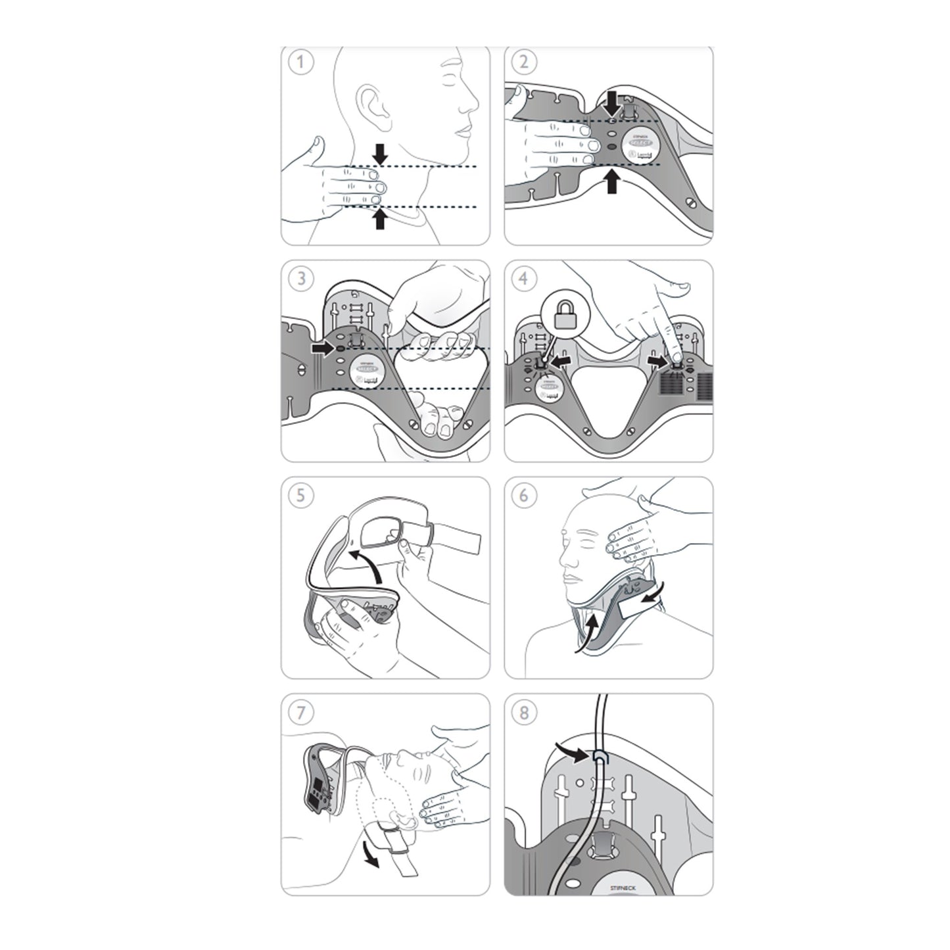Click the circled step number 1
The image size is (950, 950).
[x=302, y=62]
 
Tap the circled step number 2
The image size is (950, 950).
[x=524, y=62]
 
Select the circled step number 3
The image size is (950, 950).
[x=302, y=279]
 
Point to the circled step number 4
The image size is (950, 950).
[x=524, y=279]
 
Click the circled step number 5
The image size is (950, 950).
[x=302, y=495]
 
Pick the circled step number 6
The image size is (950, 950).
[x=524, y=495]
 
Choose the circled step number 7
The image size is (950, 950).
[x=302, y=712]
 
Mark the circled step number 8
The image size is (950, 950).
[x=524, y=712]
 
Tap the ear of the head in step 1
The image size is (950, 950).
[x=372, y=106]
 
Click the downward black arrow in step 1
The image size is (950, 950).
[x=380, y=153]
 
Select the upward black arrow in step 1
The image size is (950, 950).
[x=379, y=219]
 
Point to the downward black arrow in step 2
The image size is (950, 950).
[x=612, y=104]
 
